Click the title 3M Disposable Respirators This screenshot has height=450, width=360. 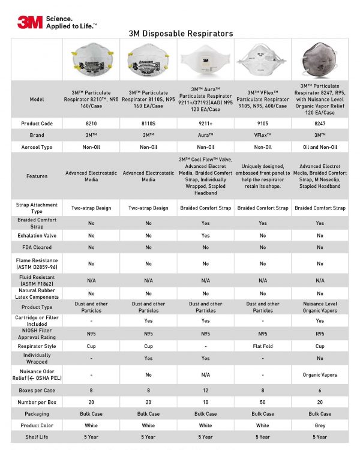click(181, 34)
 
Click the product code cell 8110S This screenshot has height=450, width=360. click(148, 123)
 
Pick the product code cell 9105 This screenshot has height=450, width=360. click(262, 123)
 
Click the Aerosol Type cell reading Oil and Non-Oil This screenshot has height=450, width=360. click(319, 147)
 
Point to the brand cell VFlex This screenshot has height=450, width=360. click(262, 135)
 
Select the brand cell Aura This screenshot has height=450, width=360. click(205, 135)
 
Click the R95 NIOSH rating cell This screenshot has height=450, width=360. click(319, 333)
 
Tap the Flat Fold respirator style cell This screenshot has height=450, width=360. click(262, 346)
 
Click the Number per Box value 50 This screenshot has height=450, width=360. click(262, 401)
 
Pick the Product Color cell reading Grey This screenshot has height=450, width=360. click(319, 425)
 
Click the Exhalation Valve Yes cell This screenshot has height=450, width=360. click(205, 235)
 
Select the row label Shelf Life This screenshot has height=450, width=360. click(37, 436)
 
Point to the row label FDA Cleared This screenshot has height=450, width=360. click(37, 247)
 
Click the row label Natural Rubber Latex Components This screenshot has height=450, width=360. click(37, 293)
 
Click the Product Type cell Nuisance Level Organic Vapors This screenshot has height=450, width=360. click(319, 307)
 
